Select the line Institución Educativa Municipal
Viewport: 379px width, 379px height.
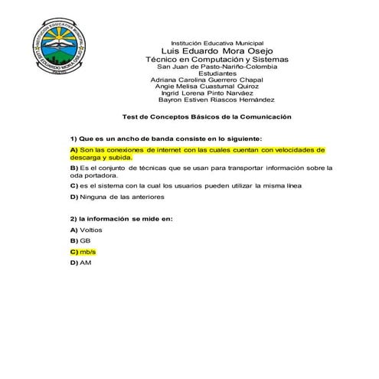(x=217, y=42)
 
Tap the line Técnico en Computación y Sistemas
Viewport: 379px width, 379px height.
(x=217, y=60)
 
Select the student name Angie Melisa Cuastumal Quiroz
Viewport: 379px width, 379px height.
(x=209, y=87)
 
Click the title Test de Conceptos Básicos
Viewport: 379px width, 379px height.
(x=207, y=117)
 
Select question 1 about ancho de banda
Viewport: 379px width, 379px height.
(x=165, y=138)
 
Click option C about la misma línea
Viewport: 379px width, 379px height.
(x=186, y=185)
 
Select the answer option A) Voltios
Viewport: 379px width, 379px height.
(x=86, y=230)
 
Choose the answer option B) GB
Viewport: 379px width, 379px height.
(x=80, y=240)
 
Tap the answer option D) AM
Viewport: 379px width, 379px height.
(x=80, y=263)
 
